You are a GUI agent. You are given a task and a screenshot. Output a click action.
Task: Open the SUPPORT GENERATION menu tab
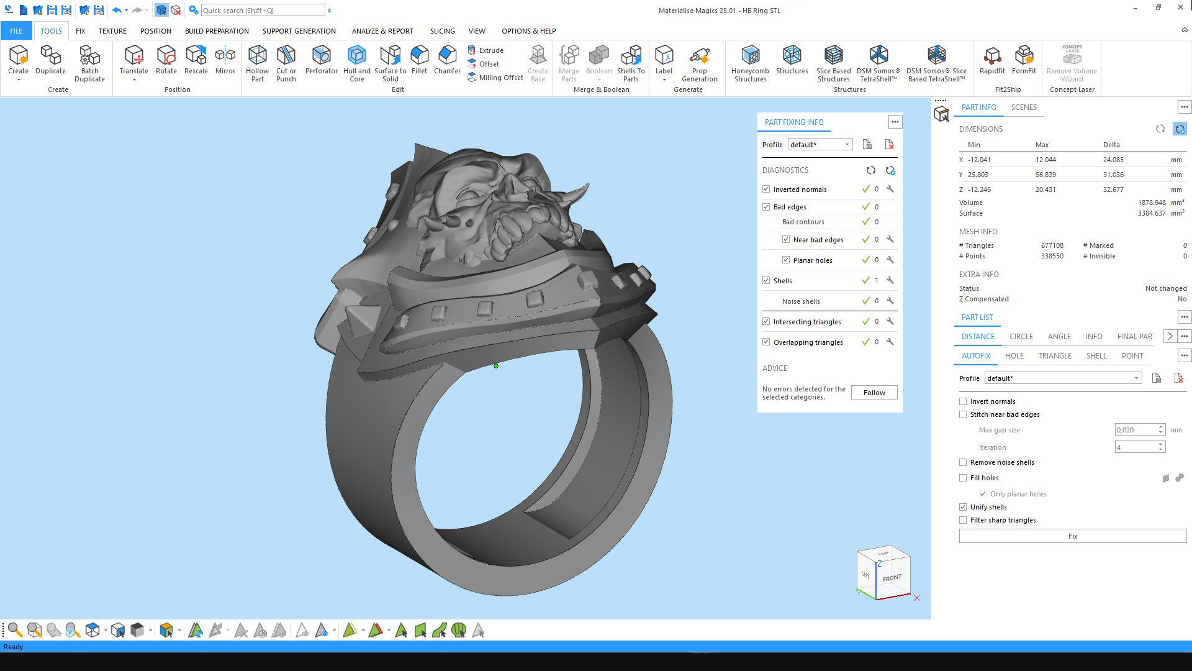point(299,31)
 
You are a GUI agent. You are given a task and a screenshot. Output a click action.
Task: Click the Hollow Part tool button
point(257,62)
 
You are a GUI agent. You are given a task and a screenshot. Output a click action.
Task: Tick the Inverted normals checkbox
point(766,189)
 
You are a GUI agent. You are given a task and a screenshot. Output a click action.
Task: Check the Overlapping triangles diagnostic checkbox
point(766,342)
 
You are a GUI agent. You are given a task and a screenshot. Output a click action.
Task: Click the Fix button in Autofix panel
point(1072,536)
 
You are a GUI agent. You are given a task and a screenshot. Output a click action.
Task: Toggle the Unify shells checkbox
point(963,507)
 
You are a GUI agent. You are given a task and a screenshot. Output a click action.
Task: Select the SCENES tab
point(1024,107)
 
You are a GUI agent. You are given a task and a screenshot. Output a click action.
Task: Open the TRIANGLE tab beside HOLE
point(1055,356)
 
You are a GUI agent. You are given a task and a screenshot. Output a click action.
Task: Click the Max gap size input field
point(1135,430)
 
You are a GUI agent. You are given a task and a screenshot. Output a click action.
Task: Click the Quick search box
point(261,11)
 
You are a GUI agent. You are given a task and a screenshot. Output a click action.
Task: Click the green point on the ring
point(496,366)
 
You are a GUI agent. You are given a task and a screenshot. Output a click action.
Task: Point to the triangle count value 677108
point(1052,245)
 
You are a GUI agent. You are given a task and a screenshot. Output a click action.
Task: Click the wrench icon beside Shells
point(890,281)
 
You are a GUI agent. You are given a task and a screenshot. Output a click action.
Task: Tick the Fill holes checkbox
point(963,478)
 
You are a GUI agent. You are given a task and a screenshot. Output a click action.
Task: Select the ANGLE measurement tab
point(1059,337)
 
